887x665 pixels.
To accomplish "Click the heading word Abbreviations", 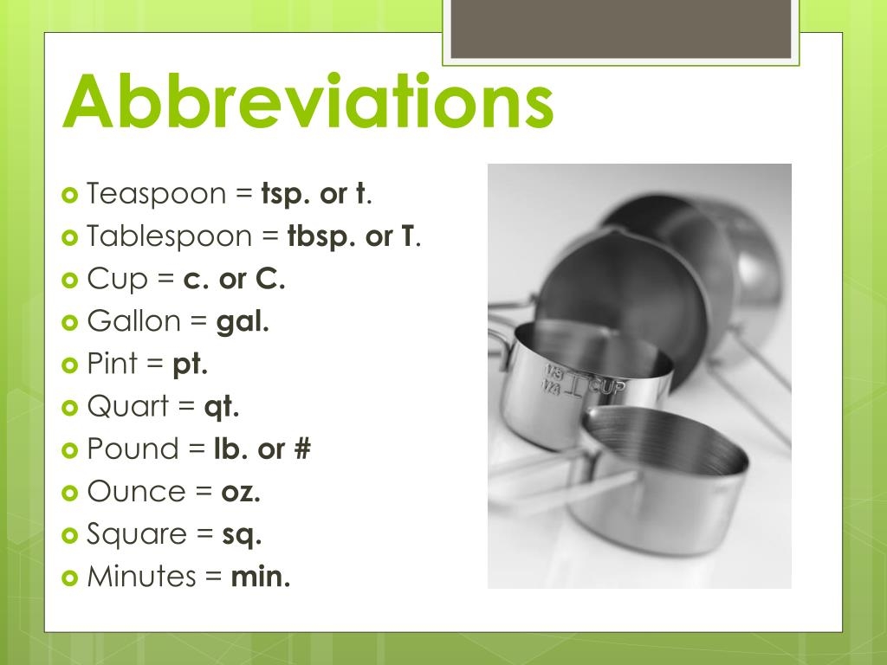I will [308, 101].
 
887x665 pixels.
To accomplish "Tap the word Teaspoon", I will [156, 194].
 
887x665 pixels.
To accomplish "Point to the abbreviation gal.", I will [243, 322].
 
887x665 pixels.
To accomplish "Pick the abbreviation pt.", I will [191, 365].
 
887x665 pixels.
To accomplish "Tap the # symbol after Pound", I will [301, 449].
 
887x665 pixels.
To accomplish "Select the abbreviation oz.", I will [241, 492].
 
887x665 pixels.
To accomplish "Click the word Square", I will [138, 534].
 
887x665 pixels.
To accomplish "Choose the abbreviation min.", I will [260, 577].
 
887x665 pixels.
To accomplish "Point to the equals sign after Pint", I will [155, 365].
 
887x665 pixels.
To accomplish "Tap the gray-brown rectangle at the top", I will [621, 29].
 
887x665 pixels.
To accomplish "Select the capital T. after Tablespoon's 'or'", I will [407, 237].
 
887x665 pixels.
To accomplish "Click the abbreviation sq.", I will [242, 535].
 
